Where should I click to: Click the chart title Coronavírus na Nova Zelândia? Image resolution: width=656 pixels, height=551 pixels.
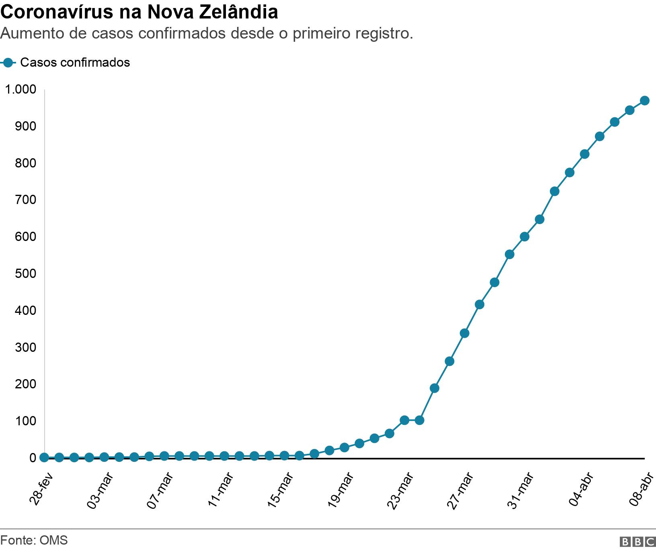pos(139,12)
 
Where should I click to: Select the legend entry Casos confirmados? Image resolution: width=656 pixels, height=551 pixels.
pos(75,63)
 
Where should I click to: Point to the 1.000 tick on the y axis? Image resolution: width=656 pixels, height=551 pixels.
pos(20,89)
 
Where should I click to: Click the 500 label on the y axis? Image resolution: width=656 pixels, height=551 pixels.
pos(26,273)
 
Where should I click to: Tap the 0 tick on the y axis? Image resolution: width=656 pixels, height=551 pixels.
pos(33,458)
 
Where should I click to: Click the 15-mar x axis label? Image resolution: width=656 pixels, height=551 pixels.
pos(280,491)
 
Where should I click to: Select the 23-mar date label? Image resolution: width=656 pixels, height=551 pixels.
pos(400,491)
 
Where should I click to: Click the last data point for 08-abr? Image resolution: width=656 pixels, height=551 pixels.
pos(644,100)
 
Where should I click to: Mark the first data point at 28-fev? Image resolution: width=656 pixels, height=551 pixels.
pos(44,457)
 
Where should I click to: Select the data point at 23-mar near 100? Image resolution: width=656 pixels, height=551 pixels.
pos(404,420)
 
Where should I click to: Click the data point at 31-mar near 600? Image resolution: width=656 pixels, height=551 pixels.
pos(525,237)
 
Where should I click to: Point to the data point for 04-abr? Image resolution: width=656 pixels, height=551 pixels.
pos(584,154)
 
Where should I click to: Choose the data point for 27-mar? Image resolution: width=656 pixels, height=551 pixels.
pos(464,333)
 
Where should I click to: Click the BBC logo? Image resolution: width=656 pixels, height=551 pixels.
pos(638,542)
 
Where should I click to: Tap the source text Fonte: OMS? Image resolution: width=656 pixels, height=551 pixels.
pos(34,540)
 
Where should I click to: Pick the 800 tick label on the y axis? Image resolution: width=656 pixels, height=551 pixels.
pos(26,163)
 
